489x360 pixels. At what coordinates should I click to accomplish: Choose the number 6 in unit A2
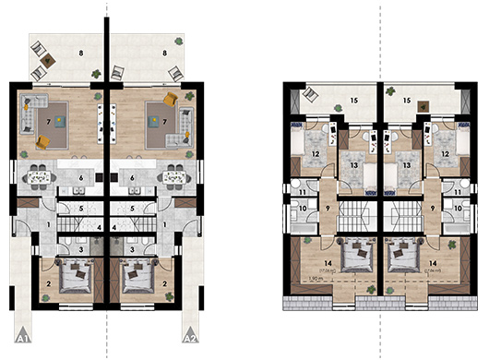coord(133,177)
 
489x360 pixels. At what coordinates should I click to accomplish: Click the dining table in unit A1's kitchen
coord(40,175)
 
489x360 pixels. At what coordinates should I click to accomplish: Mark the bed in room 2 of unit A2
coord(142,276)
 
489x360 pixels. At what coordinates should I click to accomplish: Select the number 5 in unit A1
coord(83,208)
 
